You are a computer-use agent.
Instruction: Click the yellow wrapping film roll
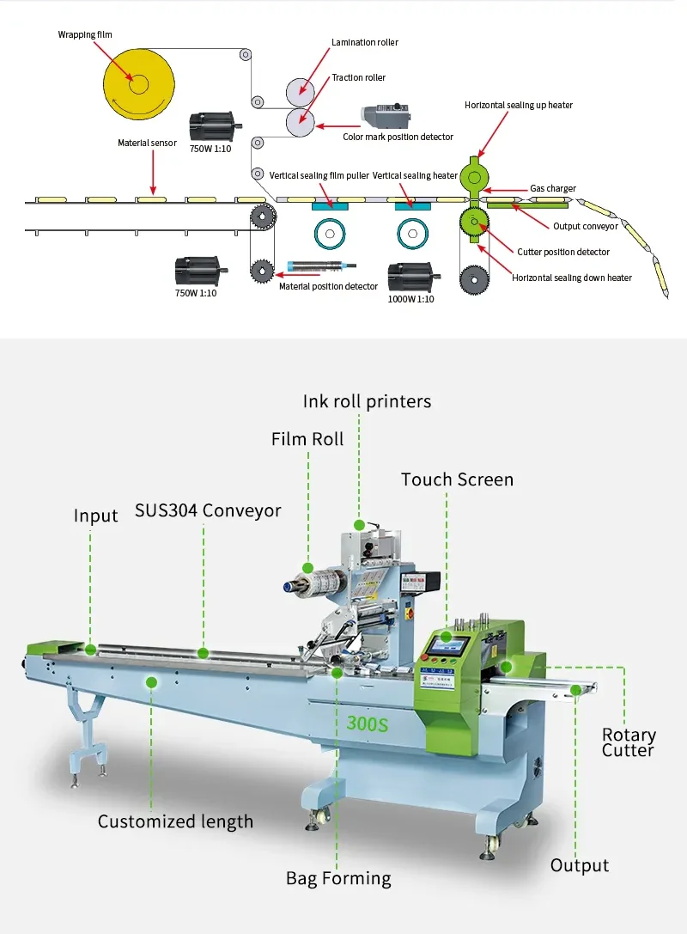click(x=138, y=83)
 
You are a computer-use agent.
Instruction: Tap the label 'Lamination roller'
click(x=364, y=42)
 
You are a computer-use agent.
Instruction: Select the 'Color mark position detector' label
click(x=398, y=137)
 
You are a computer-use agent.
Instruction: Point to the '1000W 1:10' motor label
click(x=411, y=299)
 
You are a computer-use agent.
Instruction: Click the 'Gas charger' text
click(x=552, y=188)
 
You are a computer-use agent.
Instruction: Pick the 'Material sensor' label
click(x=147, y=143)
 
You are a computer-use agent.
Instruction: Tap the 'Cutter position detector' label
click(x=563, y=252)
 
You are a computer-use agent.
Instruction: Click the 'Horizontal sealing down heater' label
click(x=572, y=278)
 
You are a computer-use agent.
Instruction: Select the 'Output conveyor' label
click(x=585, y=227)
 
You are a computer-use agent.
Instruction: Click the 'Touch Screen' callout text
click(x=457, y=479)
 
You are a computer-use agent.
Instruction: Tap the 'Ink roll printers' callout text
click(x=367, y=401)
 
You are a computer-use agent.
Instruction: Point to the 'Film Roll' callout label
click(x=307, y=439)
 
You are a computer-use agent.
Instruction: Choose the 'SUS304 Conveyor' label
click(x=208, y=510)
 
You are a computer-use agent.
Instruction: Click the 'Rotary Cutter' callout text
click(x=628, y=742)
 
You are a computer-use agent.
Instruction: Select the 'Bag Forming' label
click(x=338, y=878)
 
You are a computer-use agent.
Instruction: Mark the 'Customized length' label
click(x=175, y=821)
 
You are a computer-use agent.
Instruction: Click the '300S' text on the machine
click(x=368, y=724)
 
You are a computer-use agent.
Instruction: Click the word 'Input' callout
click(x=95, y=516)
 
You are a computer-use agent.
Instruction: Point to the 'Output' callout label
click(x=580, y=865)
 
